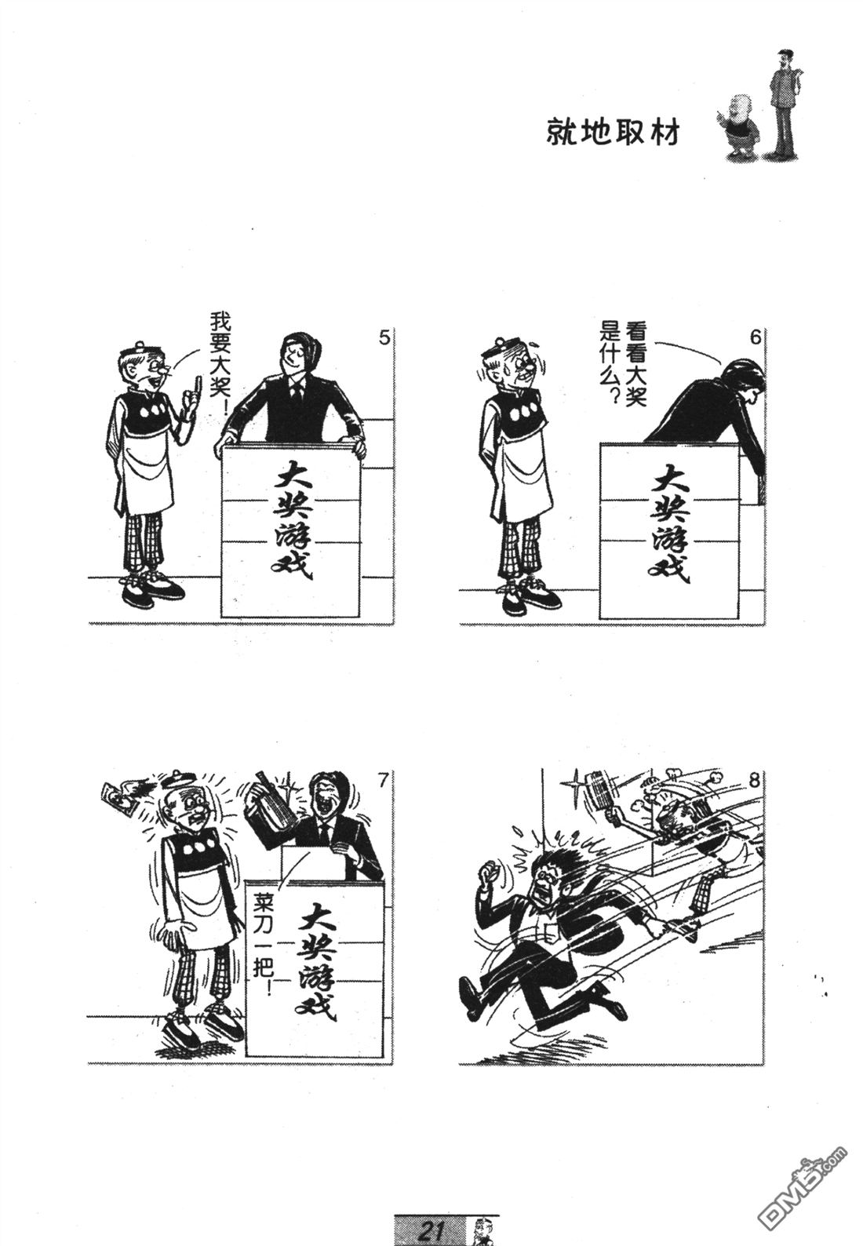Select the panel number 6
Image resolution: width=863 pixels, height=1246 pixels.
click(754, 337)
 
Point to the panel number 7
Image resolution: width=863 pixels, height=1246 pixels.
click(382, 782)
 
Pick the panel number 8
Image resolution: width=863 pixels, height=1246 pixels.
click(753, 781)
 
